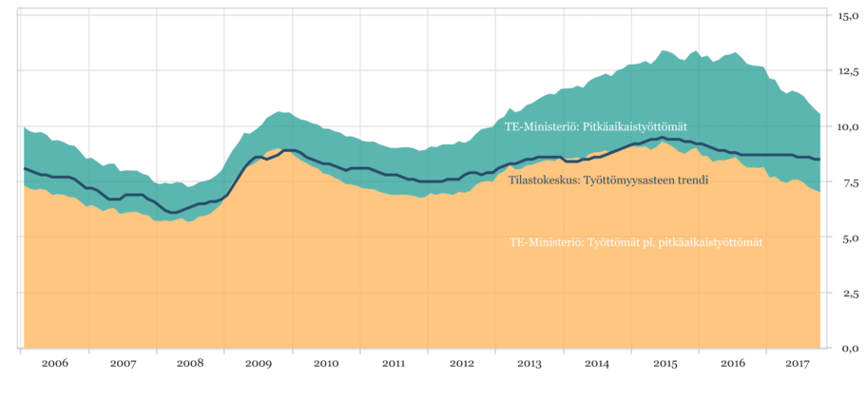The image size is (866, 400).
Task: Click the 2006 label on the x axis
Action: tap(55, 364)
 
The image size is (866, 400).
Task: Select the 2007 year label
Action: tap(123, 364)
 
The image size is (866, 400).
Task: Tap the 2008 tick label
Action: tap(190, 364)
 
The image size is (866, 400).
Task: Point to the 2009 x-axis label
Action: tap(259, 364)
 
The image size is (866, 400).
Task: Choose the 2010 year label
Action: tap(326, 364)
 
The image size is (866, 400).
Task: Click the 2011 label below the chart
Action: tap(394, 364)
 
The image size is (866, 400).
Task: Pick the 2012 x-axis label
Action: tap(462, 364)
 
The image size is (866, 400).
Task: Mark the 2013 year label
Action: tap(529, 364)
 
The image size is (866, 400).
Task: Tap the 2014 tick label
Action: tap(597, 364)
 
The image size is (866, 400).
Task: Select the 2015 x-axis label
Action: tap(665, 364)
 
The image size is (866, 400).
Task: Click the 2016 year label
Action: tap(733, 364)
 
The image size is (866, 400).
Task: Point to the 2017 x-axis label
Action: tap(800, 364)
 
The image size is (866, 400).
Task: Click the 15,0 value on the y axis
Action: tap(847, 15)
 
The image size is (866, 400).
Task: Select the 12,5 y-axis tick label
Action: tap(847, 71)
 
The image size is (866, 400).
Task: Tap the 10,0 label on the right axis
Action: tap(847, 126)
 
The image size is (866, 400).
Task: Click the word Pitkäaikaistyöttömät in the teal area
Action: tap(636, 126)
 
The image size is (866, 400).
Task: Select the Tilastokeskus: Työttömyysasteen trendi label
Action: tap(606, 179)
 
